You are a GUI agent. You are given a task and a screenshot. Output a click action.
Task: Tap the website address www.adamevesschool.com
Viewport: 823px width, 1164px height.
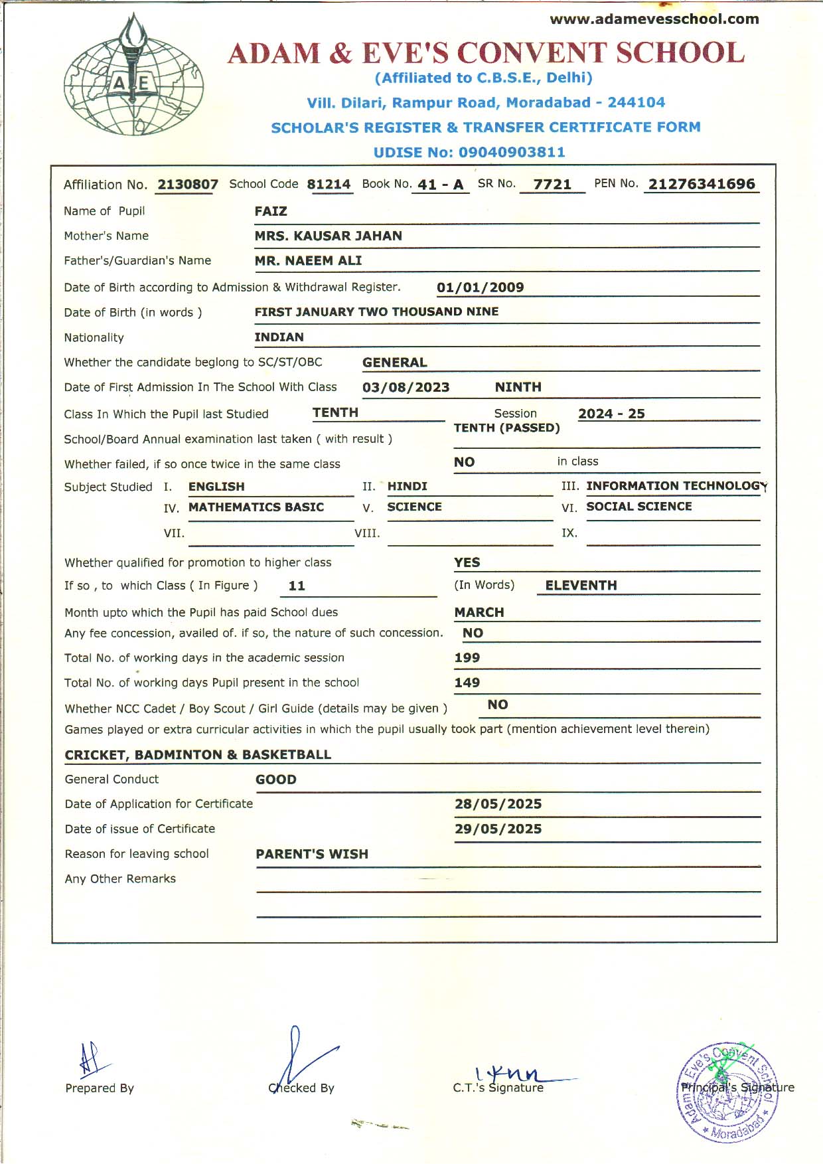654,19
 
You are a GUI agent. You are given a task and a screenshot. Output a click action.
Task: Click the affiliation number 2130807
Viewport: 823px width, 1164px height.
188,185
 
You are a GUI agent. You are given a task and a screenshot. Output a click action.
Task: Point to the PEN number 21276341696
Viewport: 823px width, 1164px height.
702,184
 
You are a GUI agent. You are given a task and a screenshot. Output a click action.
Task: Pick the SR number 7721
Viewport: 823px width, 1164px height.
552,185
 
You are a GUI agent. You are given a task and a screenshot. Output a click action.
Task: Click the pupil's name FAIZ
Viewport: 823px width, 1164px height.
271,211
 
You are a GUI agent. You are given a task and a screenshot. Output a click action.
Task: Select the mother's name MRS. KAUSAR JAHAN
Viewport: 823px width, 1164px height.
328,236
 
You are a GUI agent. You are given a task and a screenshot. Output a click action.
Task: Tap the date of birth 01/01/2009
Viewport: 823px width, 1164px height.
480,288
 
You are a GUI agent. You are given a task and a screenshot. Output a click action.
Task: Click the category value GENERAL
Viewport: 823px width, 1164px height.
394,363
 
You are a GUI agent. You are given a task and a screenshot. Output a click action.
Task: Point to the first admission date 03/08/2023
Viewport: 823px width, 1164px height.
406,387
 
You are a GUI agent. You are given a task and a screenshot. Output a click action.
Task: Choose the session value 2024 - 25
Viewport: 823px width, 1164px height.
611,414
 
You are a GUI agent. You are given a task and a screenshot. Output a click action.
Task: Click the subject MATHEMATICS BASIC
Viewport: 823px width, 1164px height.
256,507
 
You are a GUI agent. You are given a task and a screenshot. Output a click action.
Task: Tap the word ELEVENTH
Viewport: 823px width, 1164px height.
581,586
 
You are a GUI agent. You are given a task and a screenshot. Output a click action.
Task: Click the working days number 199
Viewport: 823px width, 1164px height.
467,658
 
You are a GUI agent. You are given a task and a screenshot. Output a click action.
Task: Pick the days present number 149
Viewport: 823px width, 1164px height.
467,683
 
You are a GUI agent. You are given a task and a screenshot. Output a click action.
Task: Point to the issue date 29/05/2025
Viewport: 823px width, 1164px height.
498,829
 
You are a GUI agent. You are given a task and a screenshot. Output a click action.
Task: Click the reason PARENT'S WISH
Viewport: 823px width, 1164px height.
312,855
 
